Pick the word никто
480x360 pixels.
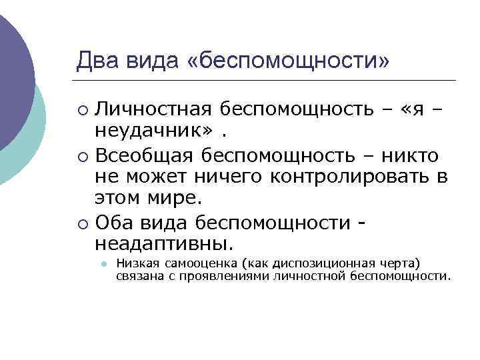[413, 155]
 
